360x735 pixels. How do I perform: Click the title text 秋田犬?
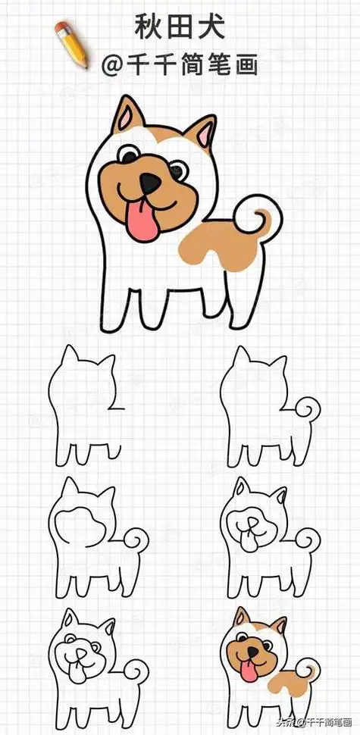[x=179, y=27]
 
